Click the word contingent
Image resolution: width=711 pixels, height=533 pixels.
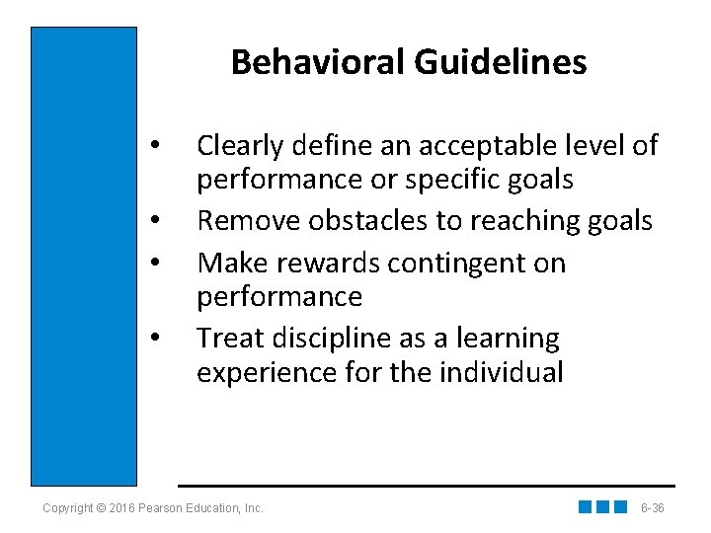click(x=457, y=264)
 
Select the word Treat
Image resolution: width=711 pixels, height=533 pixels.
click(x=227, y=338)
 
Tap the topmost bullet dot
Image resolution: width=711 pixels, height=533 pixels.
click(x=154, y=149)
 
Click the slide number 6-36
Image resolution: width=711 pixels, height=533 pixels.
click(x=652, y=508)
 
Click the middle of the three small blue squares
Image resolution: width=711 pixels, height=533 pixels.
click(x=602, y=507)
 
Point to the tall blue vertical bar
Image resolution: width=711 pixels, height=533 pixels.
click(x=84, y=256)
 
